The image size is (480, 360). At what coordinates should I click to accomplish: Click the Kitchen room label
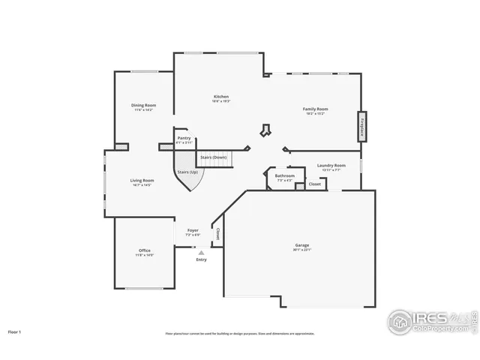pos(221,97)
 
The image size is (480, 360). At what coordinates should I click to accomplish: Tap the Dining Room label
pos(144,106)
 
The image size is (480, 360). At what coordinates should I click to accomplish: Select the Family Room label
pos(315,109)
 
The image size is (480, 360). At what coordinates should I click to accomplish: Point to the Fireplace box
pos(362,127)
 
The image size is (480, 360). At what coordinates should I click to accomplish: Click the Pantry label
pos(184,139)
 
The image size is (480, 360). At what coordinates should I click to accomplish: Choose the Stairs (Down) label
pos(214,157)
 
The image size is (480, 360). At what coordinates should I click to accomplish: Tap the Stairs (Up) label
pos(187,172)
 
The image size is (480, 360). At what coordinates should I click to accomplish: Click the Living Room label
pos(142,181)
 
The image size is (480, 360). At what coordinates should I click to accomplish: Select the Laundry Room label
pos(331,166)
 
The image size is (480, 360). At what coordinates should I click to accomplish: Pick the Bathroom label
pos(285,177)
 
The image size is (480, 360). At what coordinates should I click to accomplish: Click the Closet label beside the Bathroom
pos(314,184)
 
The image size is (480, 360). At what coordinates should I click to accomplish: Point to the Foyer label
pos(193,231)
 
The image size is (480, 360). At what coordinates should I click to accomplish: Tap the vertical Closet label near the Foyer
pos(217,234)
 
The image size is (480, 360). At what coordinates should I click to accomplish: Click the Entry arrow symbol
pos(201,253)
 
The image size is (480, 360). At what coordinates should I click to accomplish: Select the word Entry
pos(201,259)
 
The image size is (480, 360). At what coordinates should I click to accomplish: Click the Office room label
pos(145,251)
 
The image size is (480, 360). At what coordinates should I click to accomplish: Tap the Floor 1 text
pos(15,331)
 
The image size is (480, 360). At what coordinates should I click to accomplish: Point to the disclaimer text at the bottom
pos(240,334)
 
